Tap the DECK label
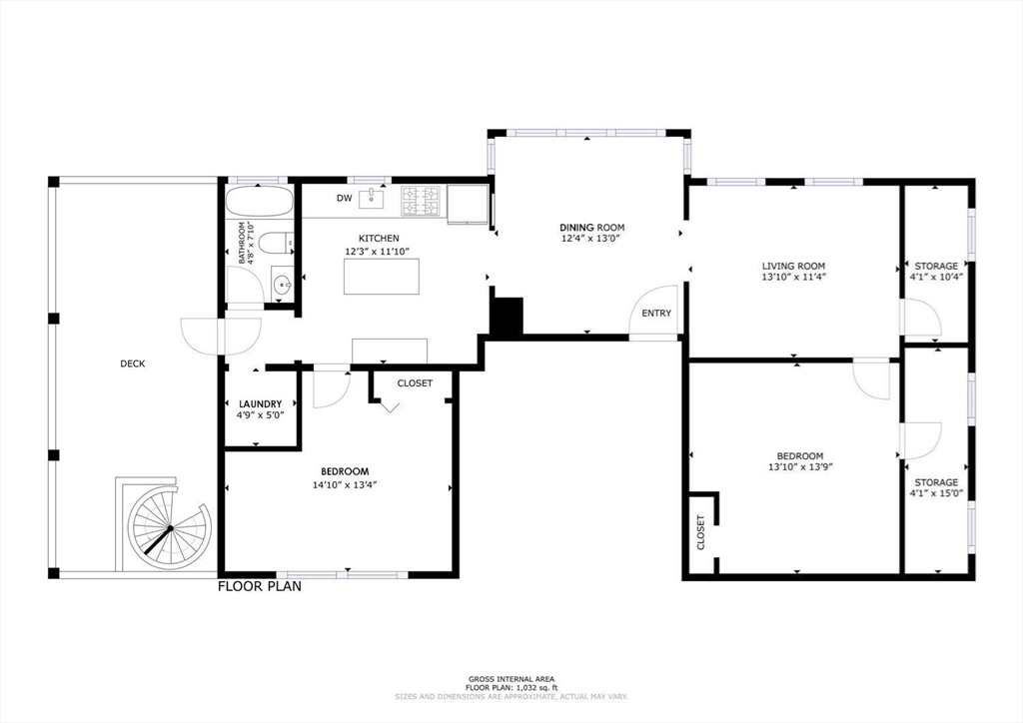(x=133, y=363)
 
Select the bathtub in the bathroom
(x=258, y=202)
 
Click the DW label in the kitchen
(x=344, y=199)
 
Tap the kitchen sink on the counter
(x=373, y=198)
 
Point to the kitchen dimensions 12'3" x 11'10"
(x=379, y=251)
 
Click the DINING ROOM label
(x=590, y=227)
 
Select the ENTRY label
(x=656, y=314)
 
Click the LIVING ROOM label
(x=793, y=265)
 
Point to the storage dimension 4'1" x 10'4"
(x=936, y=277)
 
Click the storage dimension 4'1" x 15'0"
(x=936, y=493)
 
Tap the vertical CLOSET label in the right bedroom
(x=700, y=532)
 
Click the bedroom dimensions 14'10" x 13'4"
(x=344, y=484)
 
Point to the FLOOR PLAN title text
(x=260, y=586)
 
